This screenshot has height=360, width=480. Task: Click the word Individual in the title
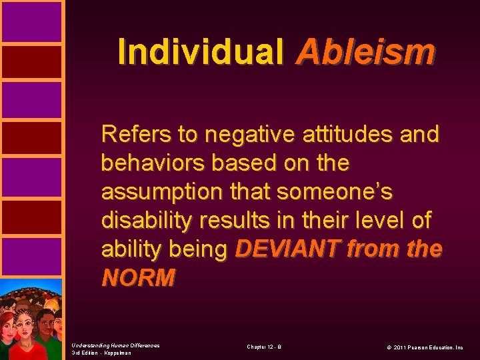(200, 51)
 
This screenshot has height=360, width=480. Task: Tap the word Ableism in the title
(366, 51)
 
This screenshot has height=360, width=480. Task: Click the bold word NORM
(138, 277)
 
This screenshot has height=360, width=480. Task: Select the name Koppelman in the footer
(117, 353)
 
